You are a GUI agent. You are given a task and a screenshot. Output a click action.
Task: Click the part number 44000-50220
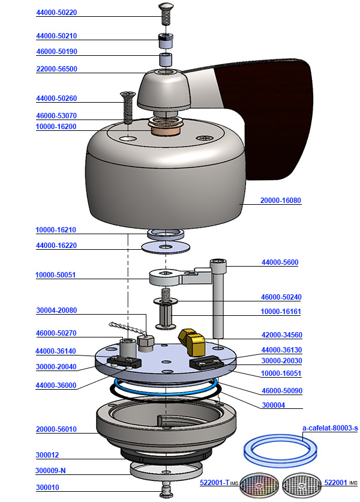click(x=56, y=12)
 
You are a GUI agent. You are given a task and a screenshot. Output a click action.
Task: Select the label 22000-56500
click(x=56, y=69)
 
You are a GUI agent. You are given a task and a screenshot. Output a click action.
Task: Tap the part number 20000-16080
click(x=281, y=201)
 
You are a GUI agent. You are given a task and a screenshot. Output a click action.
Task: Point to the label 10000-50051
click(x=56, y=276)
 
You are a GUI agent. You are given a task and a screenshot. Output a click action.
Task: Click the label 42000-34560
click(x=281, y=335)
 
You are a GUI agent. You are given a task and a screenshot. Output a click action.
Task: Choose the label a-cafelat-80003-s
click(x=330, y=428)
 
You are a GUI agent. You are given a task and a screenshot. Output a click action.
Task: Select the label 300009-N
click(x=51, y=470)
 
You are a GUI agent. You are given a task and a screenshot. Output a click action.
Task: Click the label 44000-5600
click(x=280, y=262)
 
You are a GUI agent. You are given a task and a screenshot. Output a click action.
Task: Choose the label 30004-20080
click(x=56, y=310)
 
